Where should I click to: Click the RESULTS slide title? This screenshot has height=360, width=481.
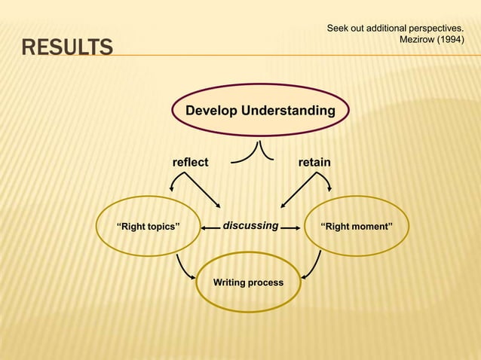coord(67,49)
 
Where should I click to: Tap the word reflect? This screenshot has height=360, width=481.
coord(190,162)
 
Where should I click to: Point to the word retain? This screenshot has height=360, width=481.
coord(314,162)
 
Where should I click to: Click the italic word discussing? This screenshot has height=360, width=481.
coord(250,225)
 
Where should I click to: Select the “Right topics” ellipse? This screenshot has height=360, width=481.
coord(148,226)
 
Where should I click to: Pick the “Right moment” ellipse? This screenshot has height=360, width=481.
coord(356,226)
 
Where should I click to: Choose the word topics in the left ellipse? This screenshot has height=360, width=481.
coord(161,226)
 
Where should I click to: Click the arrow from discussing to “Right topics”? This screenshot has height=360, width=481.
coord(210,226)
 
